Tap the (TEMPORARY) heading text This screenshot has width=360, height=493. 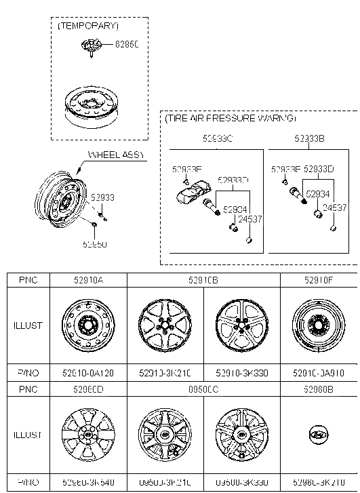point(88,26)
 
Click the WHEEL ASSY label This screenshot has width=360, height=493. point(116,155)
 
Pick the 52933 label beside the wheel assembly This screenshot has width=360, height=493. point(103,197)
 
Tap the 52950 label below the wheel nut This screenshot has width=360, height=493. point(95,244)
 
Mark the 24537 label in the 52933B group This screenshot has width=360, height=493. point(334,208)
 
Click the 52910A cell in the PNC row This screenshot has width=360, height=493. point(88,279)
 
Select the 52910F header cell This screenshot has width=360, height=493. point(318,279)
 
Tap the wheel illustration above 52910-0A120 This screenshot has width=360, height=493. point(88,326)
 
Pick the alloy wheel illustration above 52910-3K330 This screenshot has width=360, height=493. point(241,326)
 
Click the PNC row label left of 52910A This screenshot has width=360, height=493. point(28,279)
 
